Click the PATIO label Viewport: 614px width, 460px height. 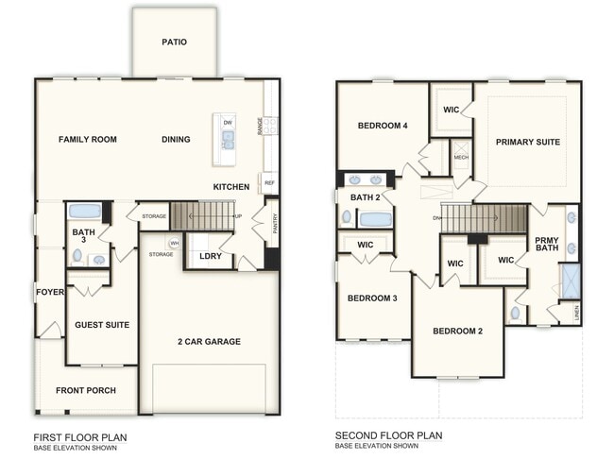pos(174,42)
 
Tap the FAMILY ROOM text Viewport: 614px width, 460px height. pos(88,140)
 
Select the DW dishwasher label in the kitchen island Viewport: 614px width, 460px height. pos(228,123)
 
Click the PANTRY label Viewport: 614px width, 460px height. pos(274,223)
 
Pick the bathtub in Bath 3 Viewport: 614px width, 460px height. pos(85,211)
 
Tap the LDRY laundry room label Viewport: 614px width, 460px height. pos(210,256)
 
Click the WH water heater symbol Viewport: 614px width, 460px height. pos(175,244)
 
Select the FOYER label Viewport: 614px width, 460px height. pos(49,292)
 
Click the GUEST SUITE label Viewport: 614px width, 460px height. pos(102,325)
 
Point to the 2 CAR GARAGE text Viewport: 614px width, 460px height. pos(209,341)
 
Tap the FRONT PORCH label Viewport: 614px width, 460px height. pos(84,390)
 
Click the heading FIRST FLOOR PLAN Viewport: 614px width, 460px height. pos(79,437)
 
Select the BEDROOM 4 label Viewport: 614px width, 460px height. pos(383,126)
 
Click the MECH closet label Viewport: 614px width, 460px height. pos(461,158)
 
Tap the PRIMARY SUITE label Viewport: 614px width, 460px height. pos(527,143)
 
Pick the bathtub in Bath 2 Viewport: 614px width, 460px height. pos(375,219)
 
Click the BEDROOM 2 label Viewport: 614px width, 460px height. pos(457,331)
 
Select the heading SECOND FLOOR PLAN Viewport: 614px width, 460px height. pos(389,437)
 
